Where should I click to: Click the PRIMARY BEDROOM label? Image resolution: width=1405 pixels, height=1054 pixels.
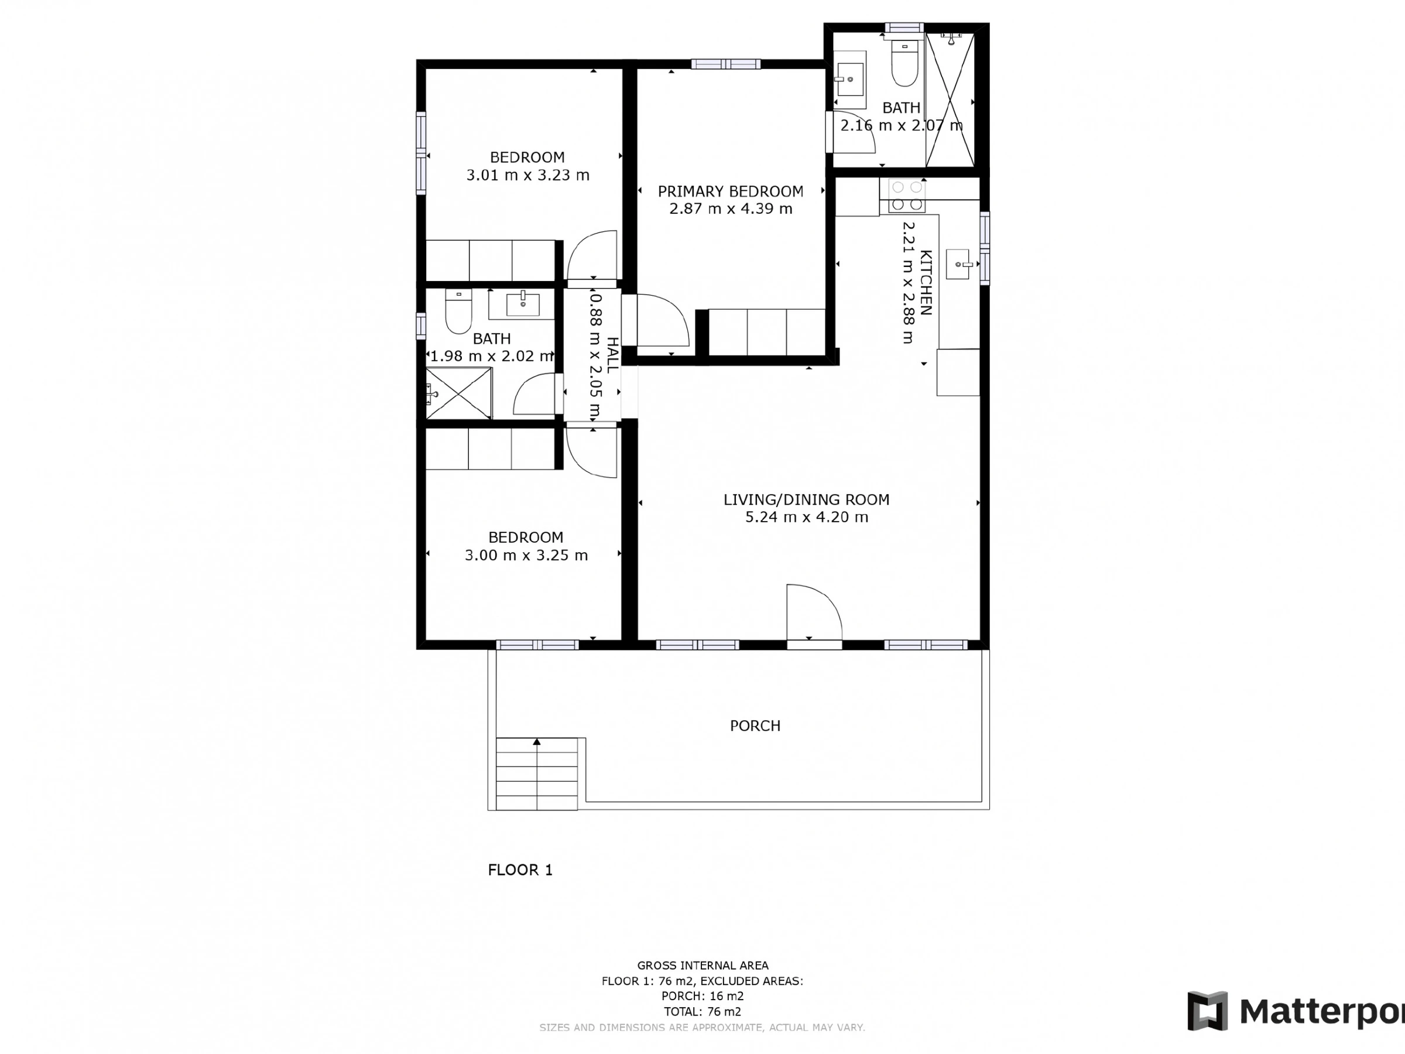coord(731,191)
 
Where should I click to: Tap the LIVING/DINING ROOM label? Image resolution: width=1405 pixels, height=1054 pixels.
coord(806,499)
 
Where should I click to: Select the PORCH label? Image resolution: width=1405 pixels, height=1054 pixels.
coord(755,726)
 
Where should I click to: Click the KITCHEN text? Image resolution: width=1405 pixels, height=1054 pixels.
coord(926,283)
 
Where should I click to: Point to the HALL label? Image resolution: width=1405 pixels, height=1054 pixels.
coord(612,355)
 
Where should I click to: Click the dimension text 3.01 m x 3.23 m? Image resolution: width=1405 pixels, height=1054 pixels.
coord(528,174)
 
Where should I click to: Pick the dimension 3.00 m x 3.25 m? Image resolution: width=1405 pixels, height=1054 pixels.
coord(526,555)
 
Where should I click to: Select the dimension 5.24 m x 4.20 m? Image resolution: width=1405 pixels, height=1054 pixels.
coord(807,517)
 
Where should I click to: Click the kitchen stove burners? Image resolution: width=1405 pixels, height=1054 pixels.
coord(906,196)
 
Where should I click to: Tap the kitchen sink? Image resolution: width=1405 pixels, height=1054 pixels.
coord(959,264)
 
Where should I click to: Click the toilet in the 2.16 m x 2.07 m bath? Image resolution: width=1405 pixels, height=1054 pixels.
coord(904,63)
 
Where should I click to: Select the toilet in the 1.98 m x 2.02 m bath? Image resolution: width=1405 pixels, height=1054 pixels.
coord(458,312)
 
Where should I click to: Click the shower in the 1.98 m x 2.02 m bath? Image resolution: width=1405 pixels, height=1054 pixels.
coord(458,393)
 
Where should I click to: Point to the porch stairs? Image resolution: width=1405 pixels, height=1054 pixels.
coord(537,774)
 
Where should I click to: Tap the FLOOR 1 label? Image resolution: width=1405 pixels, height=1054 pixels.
coord(520,870)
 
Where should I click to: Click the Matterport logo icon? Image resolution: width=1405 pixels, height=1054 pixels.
coord(1208,1011)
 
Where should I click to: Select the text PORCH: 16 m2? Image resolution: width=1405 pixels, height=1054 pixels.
coord(702,996)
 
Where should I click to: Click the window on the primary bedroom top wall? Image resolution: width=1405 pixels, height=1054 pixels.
coord(726,63)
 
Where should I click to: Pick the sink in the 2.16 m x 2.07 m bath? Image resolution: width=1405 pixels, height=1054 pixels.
coord(850,80)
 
